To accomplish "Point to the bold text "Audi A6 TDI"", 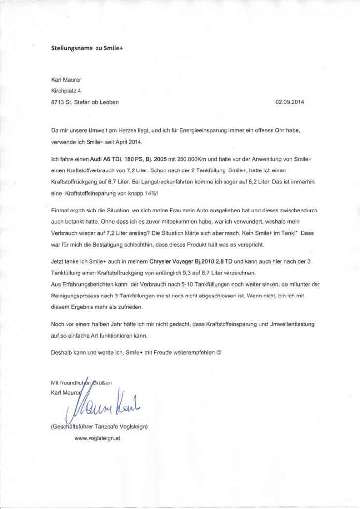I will (106, 161).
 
